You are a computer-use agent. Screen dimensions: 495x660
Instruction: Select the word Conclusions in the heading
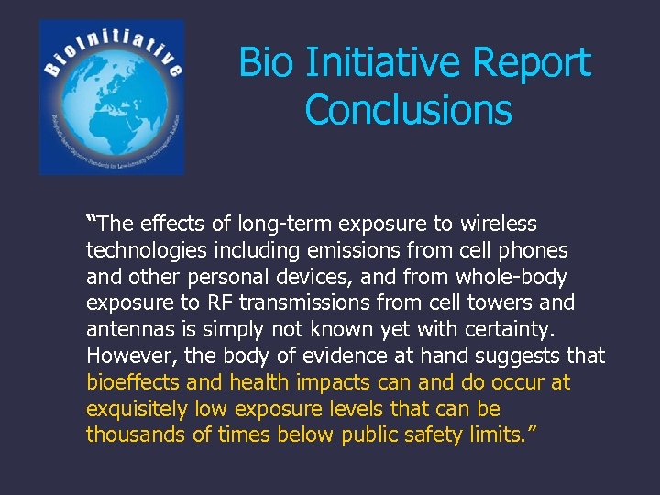[x=408, y=110]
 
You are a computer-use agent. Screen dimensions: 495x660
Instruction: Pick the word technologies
[x=147, y=250]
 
